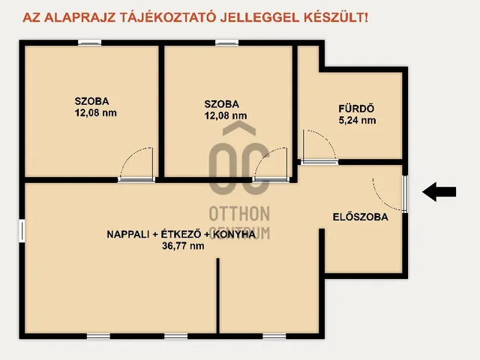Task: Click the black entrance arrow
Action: [x=439, y=192]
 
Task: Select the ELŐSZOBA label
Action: [x=360, y=217]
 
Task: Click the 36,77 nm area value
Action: [x=187, y=246]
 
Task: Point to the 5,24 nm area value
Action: [x=358, y=120]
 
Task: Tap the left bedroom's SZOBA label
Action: [x=92, y=101]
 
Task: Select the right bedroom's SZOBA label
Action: [x=221, y=104]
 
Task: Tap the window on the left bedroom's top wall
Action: [x=90, y=43]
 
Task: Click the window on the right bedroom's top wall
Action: [x=226, y=43]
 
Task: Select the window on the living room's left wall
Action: [x=22, y=230]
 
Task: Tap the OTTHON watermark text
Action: [x=238, y=212]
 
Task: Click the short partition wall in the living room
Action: [x=218, y=295]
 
